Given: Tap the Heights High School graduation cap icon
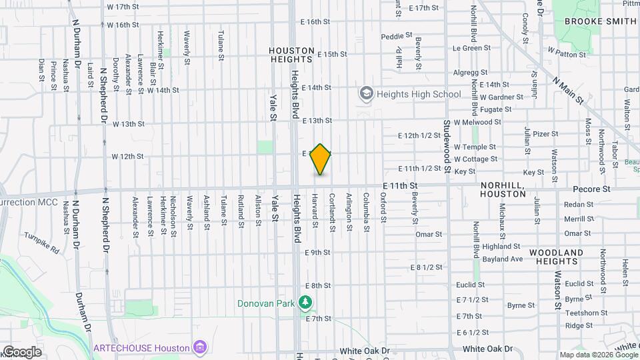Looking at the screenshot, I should click(366, 94).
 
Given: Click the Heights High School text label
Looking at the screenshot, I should click(419, 94).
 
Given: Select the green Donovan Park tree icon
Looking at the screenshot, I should click(305, 303).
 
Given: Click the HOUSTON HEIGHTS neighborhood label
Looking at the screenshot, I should click(292, 55).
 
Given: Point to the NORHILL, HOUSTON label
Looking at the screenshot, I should click(503, 189).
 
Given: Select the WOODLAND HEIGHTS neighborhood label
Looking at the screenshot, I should click(557, 257).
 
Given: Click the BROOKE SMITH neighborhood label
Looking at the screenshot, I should click(600, 21).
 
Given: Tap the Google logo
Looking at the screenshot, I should click(21, 351).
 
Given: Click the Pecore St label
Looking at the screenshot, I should click(597, 189).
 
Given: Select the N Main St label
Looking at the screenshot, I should click(568, 89).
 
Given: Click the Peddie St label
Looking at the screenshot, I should click(393, 37).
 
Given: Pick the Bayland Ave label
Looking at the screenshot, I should click(502, 259).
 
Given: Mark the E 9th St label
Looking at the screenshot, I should click(317, 253).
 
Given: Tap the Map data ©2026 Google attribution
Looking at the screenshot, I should click(598, 355).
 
